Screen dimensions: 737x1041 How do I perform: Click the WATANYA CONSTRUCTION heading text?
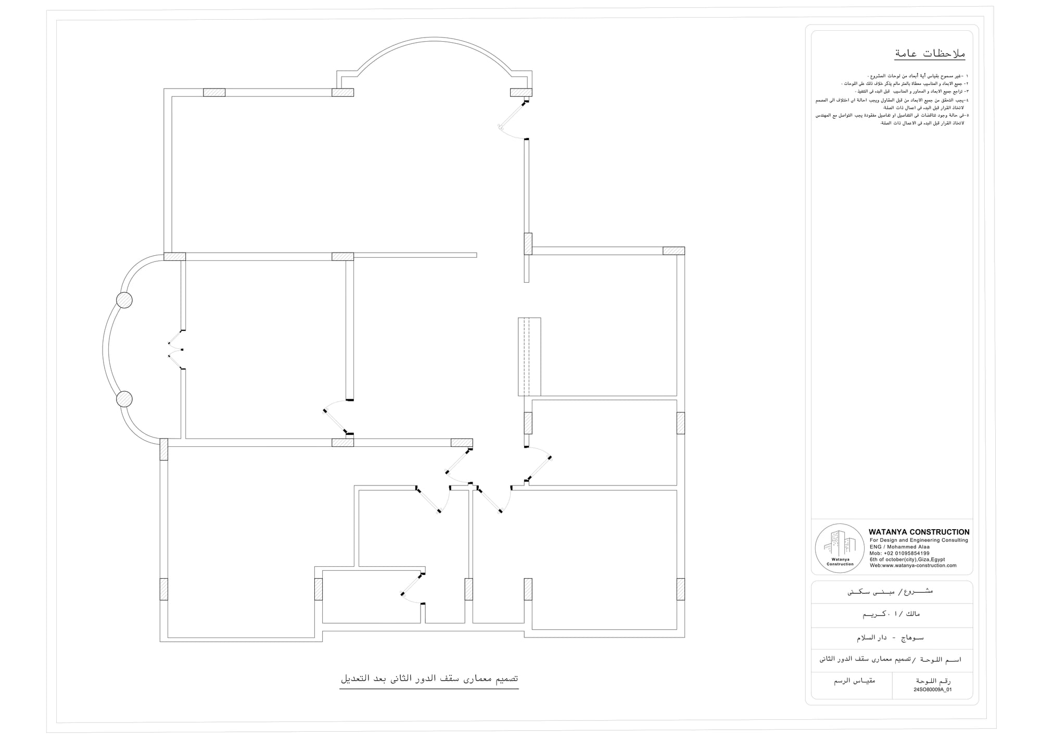(x=919, y=532)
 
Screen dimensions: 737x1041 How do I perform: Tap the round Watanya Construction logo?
(x=840, y=548)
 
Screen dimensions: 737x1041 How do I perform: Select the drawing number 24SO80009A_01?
(x=932, y=690)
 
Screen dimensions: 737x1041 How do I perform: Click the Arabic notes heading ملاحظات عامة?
(x=930, y=54)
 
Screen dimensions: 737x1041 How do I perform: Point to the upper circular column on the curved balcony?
(x=124, y=300)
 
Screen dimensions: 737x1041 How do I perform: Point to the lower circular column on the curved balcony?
(x=124, y=399)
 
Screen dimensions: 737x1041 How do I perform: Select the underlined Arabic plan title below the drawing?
(x=429, y=679)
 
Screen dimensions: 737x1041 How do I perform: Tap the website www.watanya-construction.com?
(x=913, y=566)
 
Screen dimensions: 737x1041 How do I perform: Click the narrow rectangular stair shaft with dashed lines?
(x=529, y=357)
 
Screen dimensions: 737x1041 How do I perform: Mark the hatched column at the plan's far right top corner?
(x=674, y=251)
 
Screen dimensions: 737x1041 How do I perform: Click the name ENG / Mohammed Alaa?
(x=899, y=547)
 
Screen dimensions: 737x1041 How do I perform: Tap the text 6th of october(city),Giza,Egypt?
(x=907, y=559)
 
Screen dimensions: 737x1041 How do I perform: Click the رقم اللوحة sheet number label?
(x=933, y=681)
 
